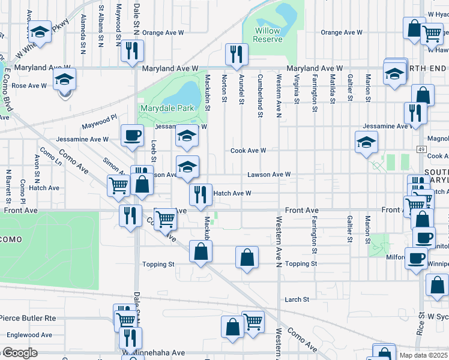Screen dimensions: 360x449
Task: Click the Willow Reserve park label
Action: pos(267,35)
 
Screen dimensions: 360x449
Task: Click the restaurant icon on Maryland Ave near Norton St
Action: pos(237,54)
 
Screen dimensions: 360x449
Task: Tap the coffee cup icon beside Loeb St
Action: pos(132,135)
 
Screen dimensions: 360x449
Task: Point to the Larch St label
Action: pos(297,299)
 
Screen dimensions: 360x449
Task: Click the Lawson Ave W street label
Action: pos(270,175)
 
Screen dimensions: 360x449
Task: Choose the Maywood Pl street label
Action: pos(99,122)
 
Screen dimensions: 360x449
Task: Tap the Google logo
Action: pos(19,353)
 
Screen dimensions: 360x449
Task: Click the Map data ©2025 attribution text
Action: pos(423,355)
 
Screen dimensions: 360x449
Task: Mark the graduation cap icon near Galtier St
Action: pos(366,142)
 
